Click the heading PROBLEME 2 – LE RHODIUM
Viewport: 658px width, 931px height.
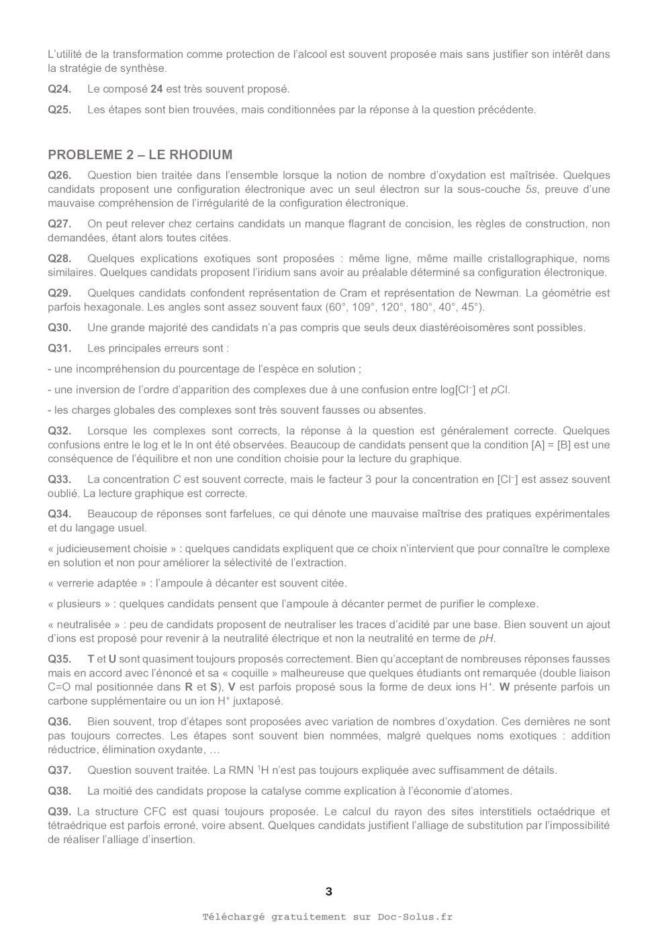140,155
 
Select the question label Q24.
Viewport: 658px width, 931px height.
59,89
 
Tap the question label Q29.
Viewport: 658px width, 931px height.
59,293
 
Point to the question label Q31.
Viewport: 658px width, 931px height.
59,348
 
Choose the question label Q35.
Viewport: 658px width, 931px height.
59,659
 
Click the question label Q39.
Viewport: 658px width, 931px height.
59,811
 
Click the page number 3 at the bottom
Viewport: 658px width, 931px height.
328,892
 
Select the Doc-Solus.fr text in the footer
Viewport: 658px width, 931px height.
414,917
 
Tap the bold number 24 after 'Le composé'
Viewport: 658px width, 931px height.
156,89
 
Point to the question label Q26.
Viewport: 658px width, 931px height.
59,175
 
